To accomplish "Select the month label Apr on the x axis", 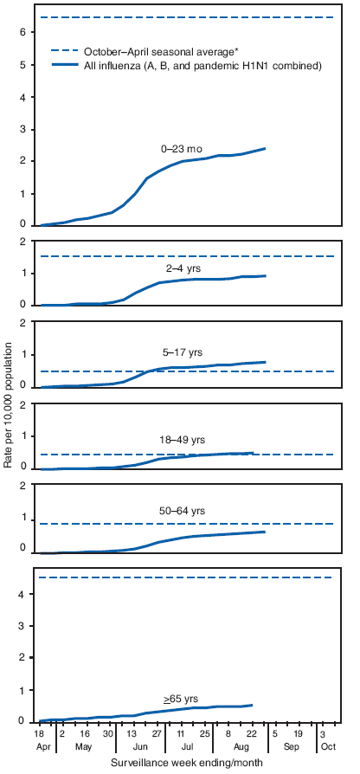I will [x=40, y=745].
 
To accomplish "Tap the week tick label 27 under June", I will [x=157, y=732].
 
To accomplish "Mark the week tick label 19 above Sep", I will [x=299, y=732].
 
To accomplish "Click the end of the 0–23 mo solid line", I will [x=265, y=149].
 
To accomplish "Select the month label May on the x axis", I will [x=85, y=745].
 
